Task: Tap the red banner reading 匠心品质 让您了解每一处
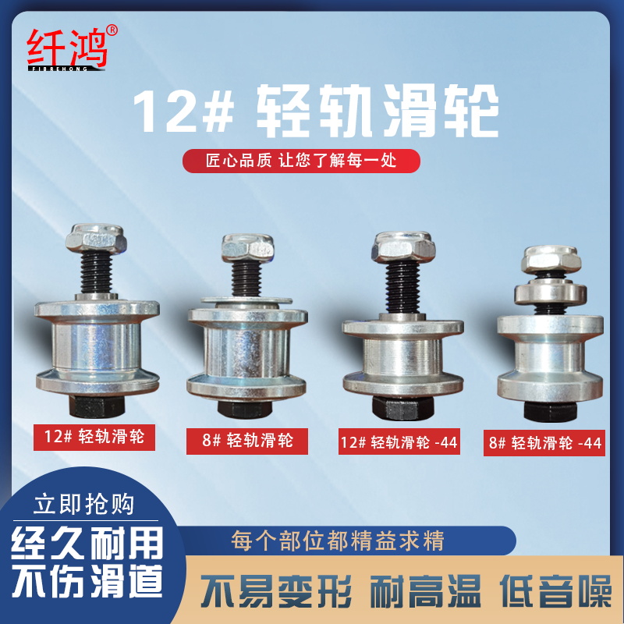pos(301,161)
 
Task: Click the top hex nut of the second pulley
pos(245,249)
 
